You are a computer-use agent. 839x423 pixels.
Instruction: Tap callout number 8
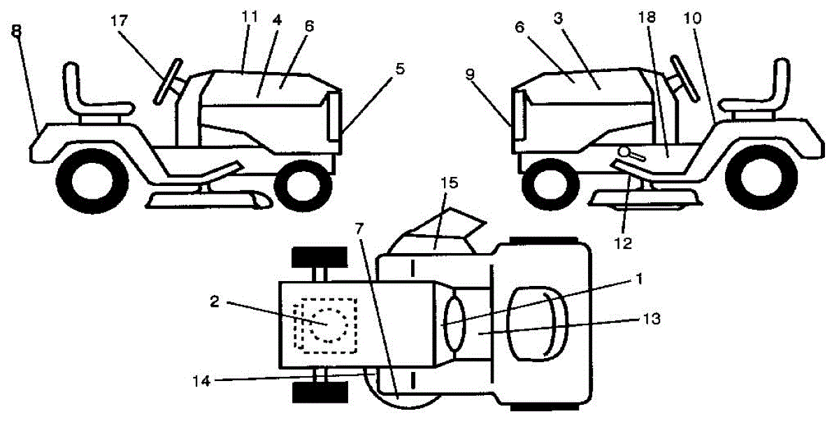point(16,32)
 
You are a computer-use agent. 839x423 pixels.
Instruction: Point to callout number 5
point(399,69)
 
